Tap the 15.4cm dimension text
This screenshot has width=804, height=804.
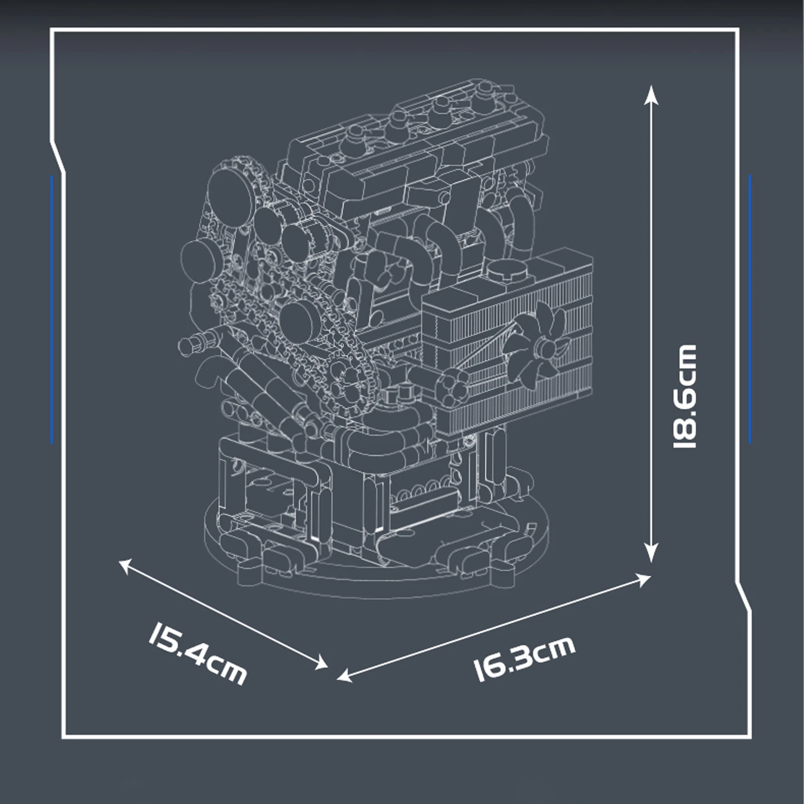pyautogui.click(x=197, y=653)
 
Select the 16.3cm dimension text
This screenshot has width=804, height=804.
pyautogui.click(x=524, y=659)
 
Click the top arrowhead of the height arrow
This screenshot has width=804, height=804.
pyautogui.click(x=651, y=92)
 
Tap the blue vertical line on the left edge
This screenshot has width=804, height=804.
pyautogui.click(x=52, y=309)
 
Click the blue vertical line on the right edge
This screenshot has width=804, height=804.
pyautogui.click(x=749, y=309)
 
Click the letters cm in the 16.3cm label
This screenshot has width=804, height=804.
pyautogui.click(x=553, y=649)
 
